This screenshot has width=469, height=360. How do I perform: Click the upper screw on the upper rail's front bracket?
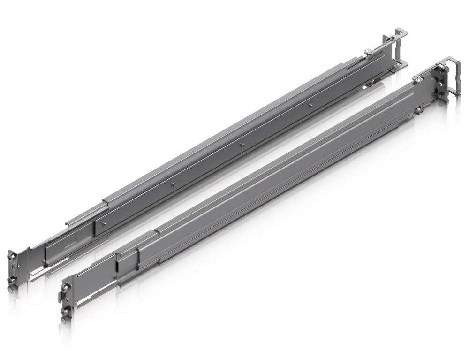[x=11, y=256]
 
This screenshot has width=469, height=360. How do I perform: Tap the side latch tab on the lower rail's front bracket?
[x=60, y=297]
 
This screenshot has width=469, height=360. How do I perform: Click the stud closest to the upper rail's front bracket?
[x=105, y=223]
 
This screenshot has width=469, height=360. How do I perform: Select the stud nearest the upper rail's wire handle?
[x=311, y=106]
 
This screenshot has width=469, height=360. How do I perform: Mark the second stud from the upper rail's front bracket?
[x=173, y=184]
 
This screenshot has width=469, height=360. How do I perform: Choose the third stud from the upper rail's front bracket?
[x=242, y=145]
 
